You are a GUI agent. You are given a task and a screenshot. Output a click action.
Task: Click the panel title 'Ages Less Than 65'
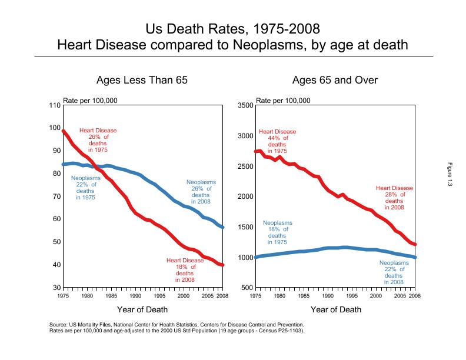pyautogui.click(x=142, y=80)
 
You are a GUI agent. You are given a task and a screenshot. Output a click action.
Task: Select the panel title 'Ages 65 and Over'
pyautogui.click(x=335, y=80)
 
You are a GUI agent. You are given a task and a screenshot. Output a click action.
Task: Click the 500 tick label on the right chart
pyautogui.click(x=247, y=288)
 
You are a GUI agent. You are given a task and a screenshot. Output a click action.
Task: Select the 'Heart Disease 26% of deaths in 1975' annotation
pyautogui.click(x=98, y=140)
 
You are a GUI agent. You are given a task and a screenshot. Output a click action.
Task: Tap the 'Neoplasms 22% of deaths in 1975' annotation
pyautogui.click(x=85, y=188)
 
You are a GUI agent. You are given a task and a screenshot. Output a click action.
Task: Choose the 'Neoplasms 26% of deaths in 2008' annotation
pyautogui.click(x=201, y=192)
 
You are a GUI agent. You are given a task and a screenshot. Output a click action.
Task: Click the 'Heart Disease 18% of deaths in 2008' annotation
pyautogui.click(x=185, y=270)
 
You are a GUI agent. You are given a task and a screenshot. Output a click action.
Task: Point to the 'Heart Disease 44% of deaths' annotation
pyautogui.click(x=277, y=141)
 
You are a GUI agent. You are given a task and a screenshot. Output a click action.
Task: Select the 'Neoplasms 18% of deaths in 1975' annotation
pyautogui.click(x=277, y=232)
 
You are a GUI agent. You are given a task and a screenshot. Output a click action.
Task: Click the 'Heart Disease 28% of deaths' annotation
pyautogui.click(x=394, y=198)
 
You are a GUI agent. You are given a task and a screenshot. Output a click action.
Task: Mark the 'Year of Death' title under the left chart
pyautogui.click(x=142, y=309)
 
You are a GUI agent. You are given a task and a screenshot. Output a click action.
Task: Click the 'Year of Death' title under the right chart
pyautogui.click(x=336, y=309)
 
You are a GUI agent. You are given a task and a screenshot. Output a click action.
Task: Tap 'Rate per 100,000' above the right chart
pyautogui.click(x=283, y=100)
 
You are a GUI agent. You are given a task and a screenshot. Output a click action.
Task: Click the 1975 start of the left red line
pyautogui.click(x=64, y=131)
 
